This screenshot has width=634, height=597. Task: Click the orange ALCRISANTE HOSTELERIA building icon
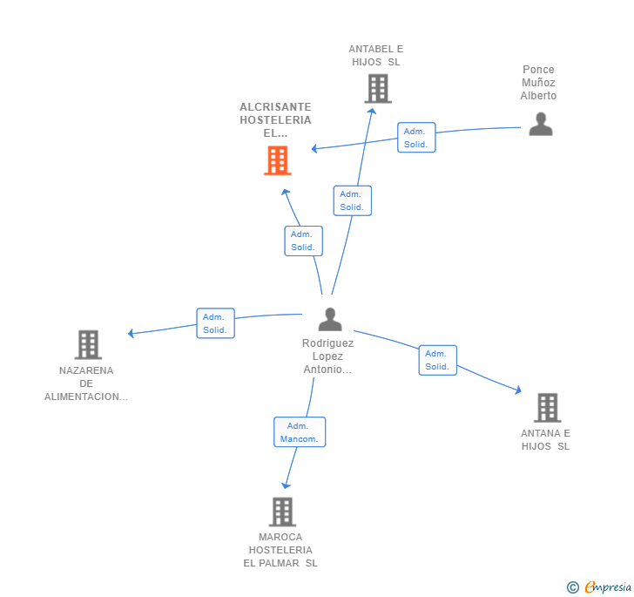click(x=278, y=160)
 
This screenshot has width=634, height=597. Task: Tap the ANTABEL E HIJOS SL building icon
click(x=378, y=88)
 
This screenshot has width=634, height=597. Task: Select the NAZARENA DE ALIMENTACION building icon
click(x=88, y=345)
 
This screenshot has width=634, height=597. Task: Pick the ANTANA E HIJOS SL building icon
click(x=548, y=408)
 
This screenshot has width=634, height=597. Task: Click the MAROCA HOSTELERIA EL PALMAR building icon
click(x=282, y=512)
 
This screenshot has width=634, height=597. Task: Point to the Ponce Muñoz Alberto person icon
click(x=541, y=124)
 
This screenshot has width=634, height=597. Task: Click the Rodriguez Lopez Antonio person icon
click(x=330, y=319)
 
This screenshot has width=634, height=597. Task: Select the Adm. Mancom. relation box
click(x=300, y=432)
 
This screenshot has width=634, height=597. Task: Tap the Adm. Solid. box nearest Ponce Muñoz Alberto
click(x=416, y=138)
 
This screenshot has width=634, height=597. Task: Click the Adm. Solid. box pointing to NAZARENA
click(x=215, y=323)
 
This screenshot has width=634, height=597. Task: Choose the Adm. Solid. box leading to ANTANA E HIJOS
click(x=438, y=360)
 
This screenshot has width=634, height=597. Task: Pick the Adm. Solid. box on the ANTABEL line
click(x=353, y=200)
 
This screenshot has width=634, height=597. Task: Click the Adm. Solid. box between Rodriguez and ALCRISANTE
click(x=304, y=241)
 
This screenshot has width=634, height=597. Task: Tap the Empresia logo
click(x=608, y=587)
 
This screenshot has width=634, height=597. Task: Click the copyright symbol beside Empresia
click(x=572, y=587)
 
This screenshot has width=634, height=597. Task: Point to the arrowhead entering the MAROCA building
click(x=286, y=485)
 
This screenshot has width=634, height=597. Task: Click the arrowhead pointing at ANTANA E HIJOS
click(x=517, y=390)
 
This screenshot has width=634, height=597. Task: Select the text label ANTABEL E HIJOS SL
click(x=376, y=56)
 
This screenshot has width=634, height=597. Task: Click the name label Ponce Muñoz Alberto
click(x=538, y=83)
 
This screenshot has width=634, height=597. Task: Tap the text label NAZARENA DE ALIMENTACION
click(x=86, y=383)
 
